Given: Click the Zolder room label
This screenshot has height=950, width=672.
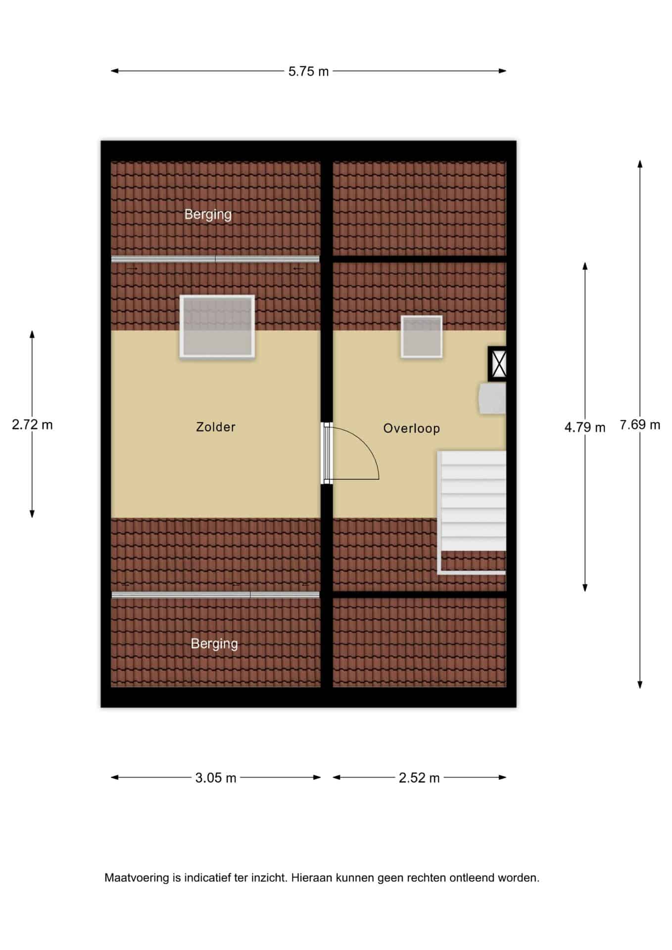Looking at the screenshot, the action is click(x=215, y=427).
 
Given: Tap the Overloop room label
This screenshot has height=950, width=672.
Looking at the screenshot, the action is click(x=411, y=428).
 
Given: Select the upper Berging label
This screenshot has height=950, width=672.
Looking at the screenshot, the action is click(x=208, y=215).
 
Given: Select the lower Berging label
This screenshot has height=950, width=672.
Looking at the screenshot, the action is click(x=214, y=644).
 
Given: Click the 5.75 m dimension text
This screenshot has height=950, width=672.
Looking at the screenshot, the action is click(x=308, y=72).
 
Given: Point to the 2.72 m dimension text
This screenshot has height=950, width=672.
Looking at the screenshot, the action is click(x=32, y=425).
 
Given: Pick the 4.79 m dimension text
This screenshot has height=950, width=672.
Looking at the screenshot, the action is click(x=585, y=427).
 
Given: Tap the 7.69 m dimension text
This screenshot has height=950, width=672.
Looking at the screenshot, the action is click(x=640, y=425).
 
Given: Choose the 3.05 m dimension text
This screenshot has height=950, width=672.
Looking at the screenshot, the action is click(x=215, y=778).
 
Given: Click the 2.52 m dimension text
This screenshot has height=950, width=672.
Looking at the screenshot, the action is click(x=419, y=778).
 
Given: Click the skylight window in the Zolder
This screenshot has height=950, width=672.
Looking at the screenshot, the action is click(x=217, y=327).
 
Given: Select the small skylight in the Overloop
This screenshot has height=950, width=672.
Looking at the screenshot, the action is click(x=422, y=336).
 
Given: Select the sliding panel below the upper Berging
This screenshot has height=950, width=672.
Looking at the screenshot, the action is click(x=215, y=259).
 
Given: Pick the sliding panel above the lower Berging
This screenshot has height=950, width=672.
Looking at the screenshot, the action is click(x=215, y=595).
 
